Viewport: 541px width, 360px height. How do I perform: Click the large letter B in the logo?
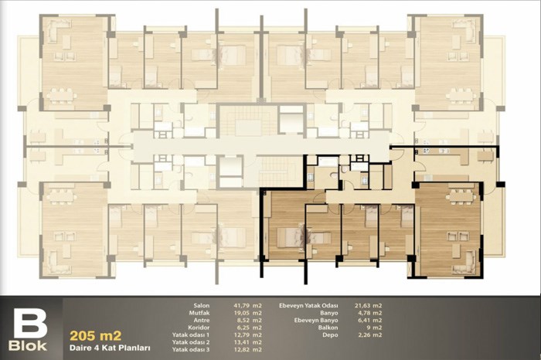tap(30, 324)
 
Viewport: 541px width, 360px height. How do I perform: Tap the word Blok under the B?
tap(28, 346)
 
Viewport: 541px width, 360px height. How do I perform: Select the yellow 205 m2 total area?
tap(96, 335)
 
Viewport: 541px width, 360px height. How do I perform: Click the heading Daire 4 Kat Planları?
tap(110, 348)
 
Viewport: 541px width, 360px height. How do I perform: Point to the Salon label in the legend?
tap(202, 305)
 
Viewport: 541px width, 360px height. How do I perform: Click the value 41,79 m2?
tap(247, 305)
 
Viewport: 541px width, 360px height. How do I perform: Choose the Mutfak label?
tap(199, 313)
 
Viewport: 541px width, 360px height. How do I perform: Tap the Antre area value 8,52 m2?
tap(249, 320)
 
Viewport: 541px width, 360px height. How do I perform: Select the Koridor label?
tap(199, 328)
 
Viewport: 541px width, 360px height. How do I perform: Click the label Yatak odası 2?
tap(191, 342)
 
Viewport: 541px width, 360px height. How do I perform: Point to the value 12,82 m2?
tap(247, 350)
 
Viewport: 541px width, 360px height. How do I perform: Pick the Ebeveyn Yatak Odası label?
tap(308, 305)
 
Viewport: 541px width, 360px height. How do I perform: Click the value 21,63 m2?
tap(368, 305)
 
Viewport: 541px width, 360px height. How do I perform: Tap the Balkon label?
tap(328, 328)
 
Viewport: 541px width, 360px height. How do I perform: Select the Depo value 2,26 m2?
tap(370, 335)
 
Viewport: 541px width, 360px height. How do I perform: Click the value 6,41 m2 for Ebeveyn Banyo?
tap(370, 320)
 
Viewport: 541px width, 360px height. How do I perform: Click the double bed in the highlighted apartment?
tap(290, 237)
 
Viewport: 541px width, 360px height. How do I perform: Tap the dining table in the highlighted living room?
tap(460, 196)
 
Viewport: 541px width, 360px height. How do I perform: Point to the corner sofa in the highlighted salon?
tap(466, 262)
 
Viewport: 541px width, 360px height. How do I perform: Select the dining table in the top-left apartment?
tap(61, 96)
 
